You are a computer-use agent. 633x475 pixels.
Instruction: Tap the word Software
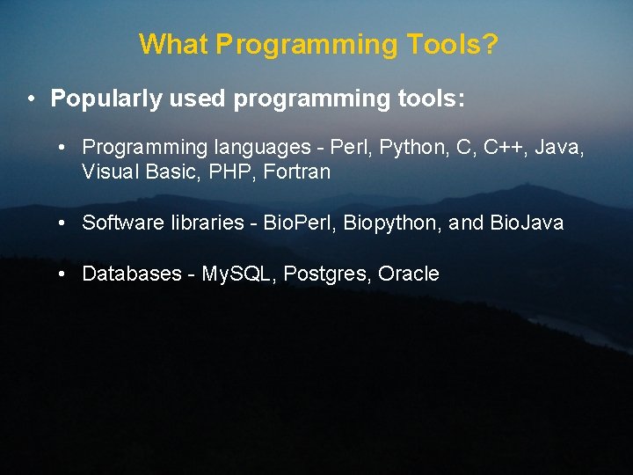(x=121, y=223)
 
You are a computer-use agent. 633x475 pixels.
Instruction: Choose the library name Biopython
(x=392, y=223)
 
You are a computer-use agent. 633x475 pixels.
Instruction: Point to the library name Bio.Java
(x=527, y=223)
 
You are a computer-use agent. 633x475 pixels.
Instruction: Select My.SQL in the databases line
(x=239, y=274)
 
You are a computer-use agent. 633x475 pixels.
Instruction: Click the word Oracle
(x=408, y=274)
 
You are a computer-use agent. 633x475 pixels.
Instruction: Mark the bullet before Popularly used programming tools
(x=31, y=99)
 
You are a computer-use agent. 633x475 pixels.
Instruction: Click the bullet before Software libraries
(x=62, y=223)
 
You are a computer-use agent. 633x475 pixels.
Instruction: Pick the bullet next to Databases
(x=62, y=274)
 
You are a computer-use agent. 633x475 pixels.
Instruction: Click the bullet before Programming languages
(x=62, y=147)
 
